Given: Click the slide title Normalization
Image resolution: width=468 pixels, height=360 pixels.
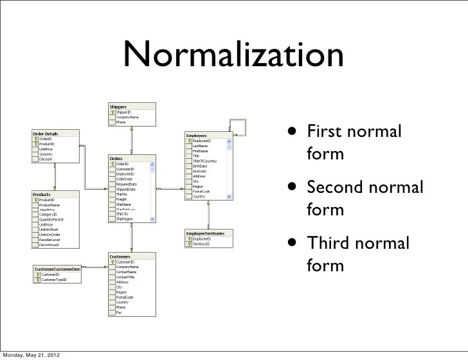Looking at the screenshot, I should point(234,57).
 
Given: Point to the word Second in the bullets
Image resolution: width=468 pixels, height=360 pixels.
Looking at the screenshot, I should point(336,188).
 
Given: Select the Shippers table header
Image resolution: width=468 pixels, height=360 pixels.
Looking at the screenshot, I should point(119,107).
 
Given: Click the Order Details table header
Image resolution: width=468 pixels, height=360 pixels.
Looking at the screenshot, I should point(46,133).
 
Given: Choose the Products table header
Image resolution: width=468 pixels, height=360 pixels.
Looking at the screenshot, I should point(42,194).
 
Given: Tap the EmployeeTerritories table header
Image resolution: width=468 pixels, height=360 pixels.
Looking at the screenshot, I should point(205,233).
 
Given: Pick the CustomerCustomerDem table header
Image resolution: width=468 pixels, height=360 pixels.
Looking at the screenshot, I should point(57,269).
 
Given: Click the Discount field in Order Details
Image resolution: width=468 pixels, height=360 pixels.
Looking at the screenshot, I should point(46,159).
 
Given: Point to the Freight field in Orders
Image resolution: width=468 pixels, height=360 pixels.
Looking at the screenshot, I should point(122,199).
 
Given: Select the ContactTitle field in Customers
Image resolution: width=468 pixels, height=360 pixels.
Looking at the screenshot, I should point(125,276).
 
